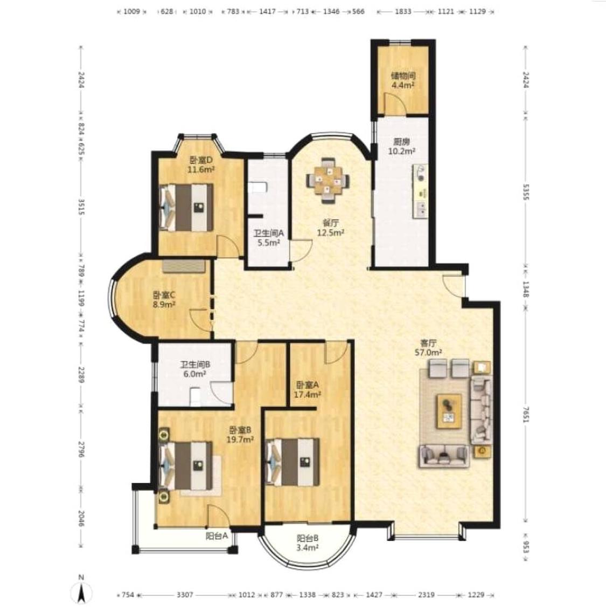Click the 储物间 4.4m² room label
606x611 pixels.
click(x=403, y=80)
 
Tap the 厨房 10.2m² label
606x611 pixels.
click(x=402, y=146)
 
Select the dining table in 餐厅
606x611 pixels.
click(x=328, y=180)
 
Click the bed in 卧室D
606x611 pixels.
click(x=187, y=207)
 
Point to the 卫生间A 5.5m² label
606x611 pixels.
click(x=269, y=238)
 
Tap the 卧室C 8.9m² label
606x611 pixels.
click(x=164, y=299)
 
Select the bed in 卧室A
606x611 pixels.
click(x=292, y=462)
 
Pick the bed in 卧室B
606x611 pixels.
click(x=186, y=465)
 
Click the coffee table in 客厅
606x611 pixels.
click(x=449, y=411)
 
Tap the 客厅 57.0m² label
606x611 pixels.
click(x=429, y=348)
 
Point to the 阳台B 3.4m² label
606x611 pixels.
click(x=308, y=543)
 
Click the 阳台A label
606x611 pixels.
click(x=217, y=536)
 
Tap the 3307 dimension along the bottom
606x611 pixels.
click(x=185, y=595)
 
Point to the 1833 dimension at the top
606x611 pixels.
click(x=403, y=11)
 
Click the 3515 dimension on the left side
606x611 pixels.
click(x=81, y=207)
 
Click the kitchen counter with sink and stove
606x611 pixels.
click(x=421, y=191)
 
